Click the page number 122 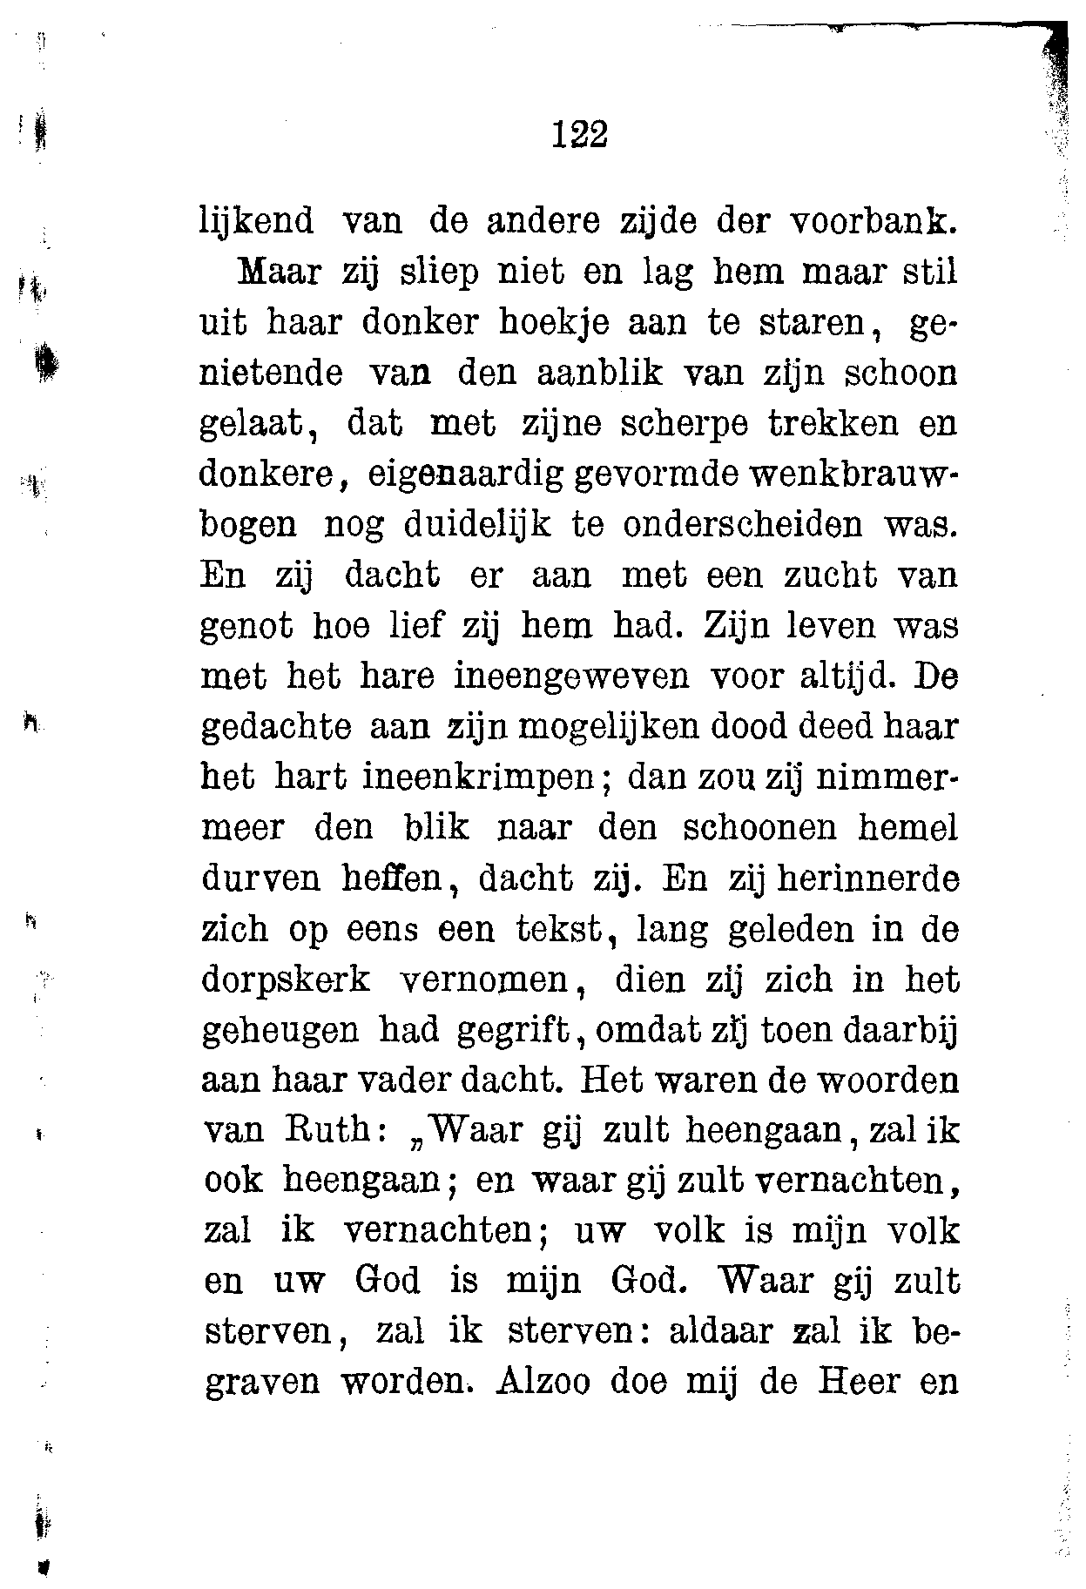tap(579, 135)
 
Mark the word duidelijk tap(476, 525)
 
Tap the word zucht tap(817, 576)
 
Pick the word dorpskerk tap(287, 980)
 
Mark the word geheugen tap(280, 1030)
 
